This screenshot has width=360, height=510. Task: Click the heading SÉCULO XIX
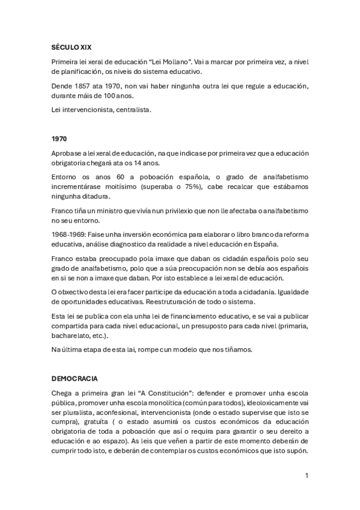(71, 47)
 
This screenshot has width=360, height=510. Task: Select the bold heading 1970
(59, 138)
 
